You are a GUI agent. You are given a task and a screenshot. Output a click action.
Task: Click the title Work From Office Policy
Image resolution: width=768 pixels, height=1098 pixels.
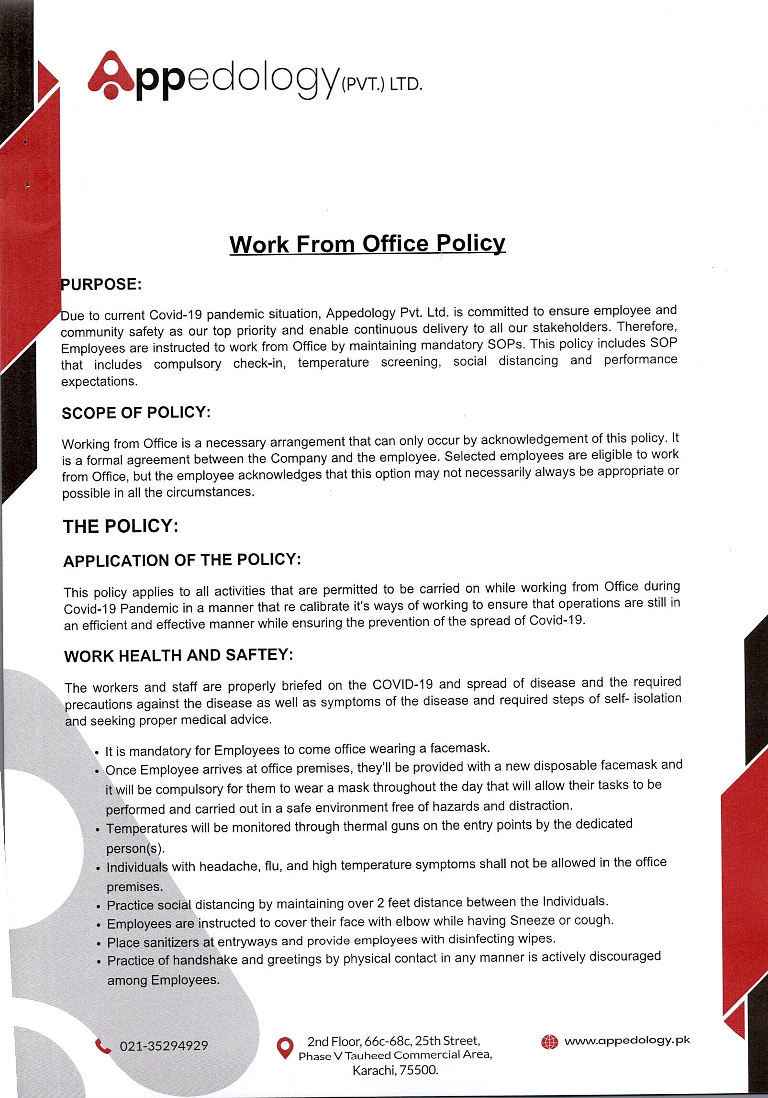[x=367, y=244]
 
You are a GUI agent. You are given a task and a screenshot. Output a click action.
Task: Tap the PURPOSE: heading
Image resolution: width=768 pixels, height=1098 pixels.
[x=101, y=284]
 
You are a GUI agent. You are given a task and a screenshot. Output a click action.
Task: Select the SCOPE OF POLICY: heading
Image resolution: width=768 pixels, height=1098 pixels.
[x=136, y=413]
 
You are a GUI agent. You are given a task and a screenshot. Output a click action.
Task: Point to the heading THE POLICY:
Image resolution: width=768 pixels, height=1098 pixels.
[x=121, y=527]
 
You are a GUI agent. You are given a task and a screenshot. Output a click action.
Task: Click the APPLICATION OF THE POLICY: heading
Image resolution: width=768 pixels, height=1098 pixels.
[x=182, y=560]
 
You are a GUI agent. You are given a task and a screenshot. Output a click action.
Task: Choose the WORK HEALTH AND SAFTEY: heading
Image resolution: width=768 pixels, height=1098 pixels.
[x=178, y=655]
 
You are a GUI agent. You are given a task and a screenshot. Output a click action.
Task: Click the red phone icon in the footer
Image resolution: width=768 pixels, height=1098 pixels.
[x=102, y=1046]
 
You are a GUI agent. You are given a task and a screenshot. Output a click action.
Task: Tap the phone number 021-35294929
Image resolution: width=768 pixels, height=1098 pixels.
[x=164, y=1046]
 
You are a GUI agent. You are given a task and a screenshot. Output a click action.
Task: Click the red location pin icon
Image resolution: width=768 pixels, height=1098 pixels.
[x=285, y=1048]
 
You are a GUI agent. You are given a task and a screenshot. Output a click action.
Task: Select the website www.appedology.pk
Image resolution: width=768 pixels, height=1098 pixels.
[x=627, y=1041]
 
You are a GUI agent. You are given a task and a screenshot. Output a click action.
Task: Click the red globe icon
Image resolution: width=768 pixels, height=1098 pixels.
[x=549, y=1042]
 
